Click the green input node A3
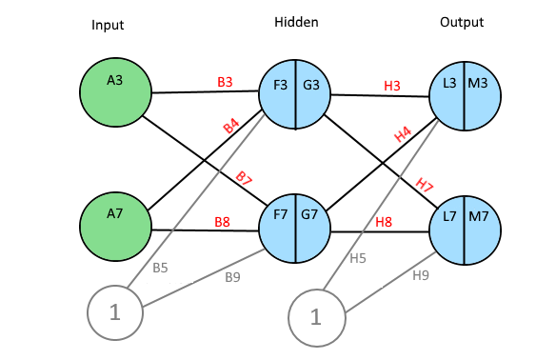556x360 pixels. click(115, 92)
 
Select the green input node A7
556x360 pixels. click(115, 227)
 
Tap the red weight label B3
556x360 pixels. click(225, 82)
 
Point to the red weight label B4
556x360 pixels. click(231, 127)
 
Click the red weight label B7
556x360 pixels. click(244, 178)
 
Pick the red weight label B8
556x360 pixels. click(223, 222)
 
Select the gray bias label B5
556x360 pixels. click(160, 268)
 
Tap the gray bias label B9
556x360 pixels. click(232, 277)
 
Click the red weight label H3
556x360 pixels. click(392, 86)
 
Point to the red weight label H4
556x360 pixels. click(403, 135)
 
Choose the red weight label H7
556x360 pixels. click(425, 185)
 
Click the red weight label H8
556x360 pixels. click(384, 222)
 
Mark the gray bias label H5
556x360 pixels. click(358, 258)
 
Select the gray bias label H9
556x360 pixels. click(421, 275)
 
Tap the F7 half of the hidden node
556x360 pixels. click(277, 229)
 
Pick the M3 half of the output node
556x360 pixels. click(483, 96)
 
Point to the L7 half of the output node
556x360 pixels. click(447, 230)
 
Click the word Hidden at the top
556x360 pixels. click(296, 22)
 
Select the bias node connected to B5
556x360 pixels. click(115, 312)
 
